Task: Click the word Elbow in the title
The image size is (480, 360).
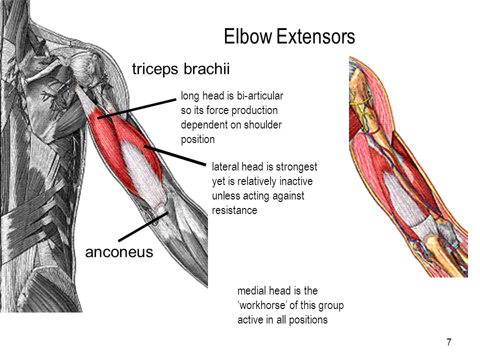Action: [x=248, y=36]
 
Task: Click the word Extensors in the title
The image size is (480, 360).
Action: [x=315, y=36]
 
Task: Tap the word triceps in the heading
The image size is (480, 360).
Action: [x=155, y=69]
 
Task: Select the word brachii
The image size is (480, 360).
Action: [x=206, y=68]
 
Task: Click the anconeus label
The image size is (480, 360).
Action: [x=119, y=252]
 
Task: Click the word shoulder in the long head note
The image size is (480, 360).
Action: [x=262, y=124]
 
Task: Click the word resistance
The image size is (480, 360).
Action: [x=234, y=210]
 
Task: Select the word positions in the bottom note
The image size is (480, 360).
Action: [x=308, y=320]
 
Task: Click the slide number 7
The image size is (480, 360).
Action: [x=449, y=342]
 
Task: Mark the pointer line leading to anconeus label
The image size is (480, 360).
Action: [x=143, y=227]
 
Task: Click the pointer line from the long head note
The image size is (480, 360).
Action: [x=137, y=108]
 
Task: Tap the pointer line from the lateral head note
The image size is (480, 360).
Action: [x=175, y=156]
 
